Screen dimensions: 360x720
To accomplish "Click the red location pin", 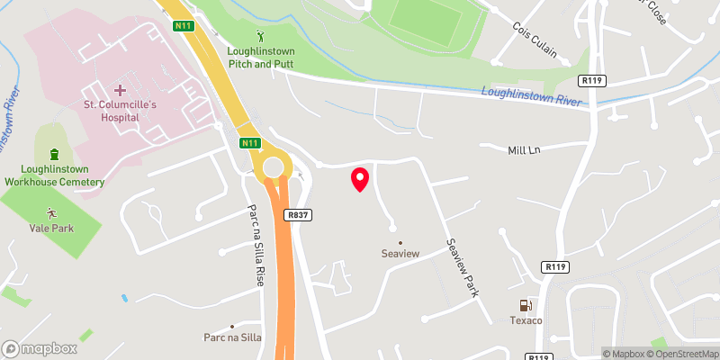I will click(360, 179).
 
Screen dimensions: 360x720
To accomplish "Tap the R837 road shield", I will click(300, 215).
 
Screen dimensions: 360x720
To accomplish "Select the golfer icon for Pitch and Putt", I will click(262, 37).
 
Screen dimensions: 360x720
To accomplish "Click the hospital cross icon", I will click(121, 89).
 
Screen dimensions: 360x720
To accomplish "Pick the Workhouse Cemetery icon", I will click(54, 154).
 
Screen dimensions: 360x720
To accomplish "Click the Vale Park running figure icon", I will click(51, 213).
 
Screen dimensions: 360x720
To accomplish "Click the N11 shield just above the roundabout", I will click(249, 142).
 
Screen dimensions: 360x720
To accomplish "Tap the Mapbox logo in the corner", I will click(40, 348).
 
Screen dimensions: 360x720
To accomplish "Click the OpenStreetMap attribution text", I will click(681, 354).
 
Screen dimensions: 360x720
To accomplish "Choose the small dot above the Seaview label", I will click(401, 241).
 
